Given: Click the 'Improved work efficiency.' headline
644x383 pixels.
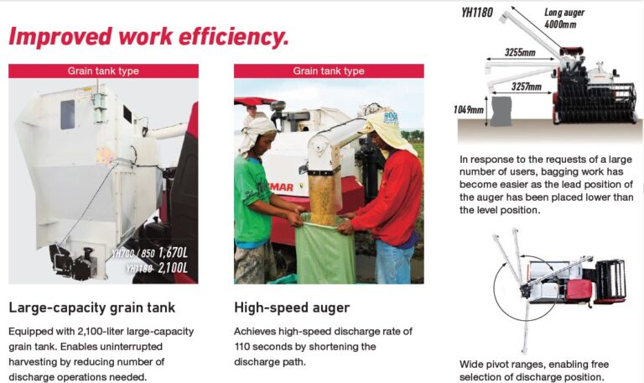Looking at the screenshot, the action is [x=148, y=37].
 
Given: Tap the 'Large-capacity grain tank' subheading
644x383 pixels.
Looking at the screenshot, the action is [x=92, y=307].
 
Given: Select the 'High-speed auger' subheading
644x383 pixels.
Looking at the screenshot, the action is [x=292, y=307].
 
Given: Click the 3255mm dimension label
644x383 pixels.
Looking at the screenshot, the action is [x=520, y=52].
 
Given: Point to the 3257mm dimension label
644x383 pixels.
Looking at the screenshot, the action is [x=526, y=87].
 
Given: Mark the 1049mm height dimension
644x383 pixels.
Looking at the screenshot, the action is [x=468, y=109].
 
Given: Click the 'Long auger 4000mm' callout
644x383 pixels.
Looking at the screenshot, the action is [x=563, y=18].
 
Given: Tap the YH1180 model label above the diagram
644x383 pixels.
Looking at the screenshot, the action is [x=477, y=13].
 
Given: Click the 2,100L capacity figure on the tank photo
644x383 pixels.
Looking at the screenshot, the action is [x=173, y=268].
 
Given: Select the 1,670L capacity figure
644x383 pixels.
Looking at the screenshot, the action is [x=173, y=252].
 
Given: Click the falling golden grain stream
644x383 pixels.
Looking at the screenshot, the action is [x=323, y=197].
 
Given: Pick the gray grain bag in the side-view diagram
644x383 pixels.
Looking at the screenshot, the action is [x=501, y=111].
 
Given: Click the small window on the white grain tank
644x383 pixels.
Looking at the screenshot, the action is [x=68, y=114].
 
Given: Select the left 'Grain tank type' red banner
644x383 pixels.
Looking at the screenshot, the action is [x=103, y=71].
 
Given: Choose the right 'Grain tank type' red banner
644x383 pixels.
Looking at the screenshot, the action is [x=329, y=71].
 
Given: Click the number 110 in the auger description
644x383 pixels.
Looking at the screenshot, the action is [x=241, y=346].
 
